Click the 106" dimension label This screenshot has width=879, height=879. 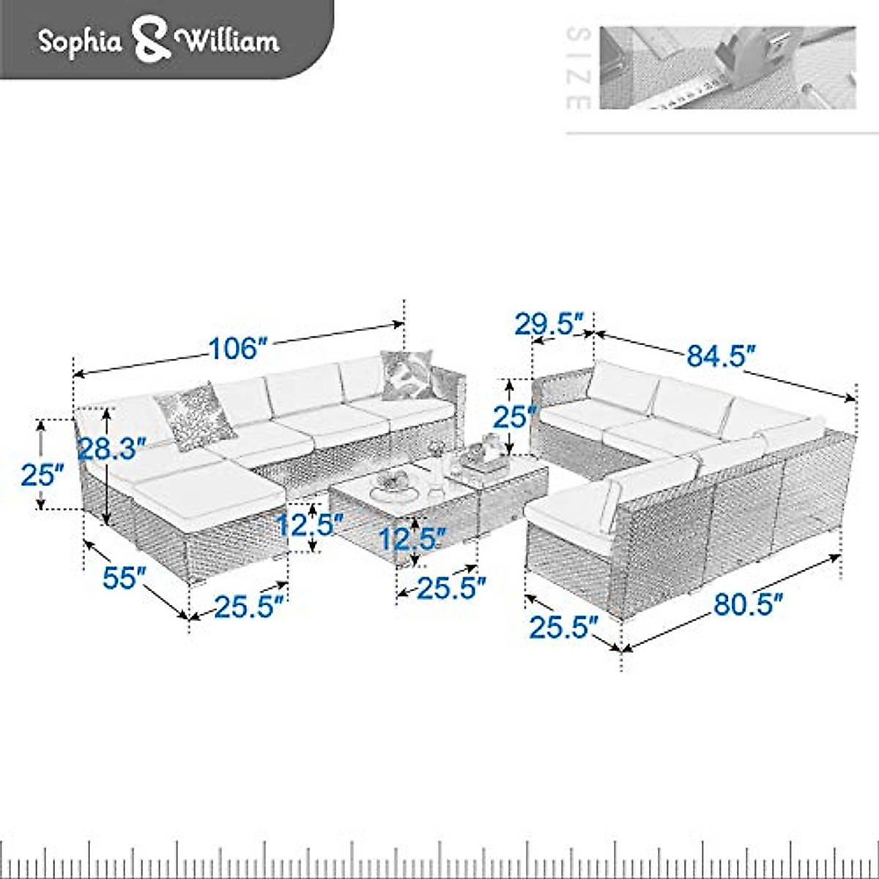coord(236,349)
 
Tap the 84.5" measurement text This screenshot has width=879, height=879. coord(721,356)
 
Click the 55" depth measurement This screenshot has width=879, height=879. coord(121,578)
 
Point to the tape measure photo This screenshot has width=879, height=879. coord(727,67)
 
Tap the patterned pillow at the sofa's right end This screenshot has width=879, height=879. coord(407,374)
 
